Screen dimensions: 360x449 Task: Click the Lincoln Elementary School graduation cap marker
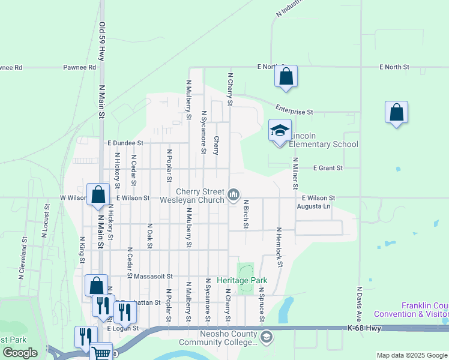click(280, 131)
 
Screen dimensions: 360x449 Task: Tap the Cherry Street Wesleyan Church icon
click(234, 194)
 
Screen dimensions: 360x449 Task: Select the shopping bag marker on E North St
click(286, 77)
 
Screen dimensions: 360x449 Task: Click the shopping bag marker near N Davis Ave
click(396, 112)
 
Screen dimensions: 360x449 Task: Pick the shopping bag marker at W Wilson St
click(98, 195)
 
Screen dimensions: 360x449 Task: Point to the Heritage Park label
click(242, 280)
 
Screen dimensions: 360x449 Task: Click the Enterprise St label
click(294, 111)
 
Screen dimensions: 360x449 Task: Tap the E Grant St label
click(328, 169)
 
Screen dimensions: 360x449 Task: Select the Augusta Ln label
click(314, 206)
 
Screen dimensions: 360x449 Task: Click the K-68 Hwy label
click(364, 328)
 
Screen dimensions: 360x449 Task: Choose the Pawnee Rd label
click(80, 68)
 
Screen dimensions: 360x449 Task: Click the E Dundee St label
click(125, 143)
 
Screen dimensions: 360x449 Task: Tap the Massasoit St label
click(153, 277)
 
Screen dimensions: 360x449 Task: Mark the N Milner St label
click(295, 173)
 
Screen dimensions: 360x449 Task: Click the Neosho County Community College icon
click(266, 338)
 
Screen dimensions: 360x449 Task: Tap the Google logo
click(20, 353)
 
